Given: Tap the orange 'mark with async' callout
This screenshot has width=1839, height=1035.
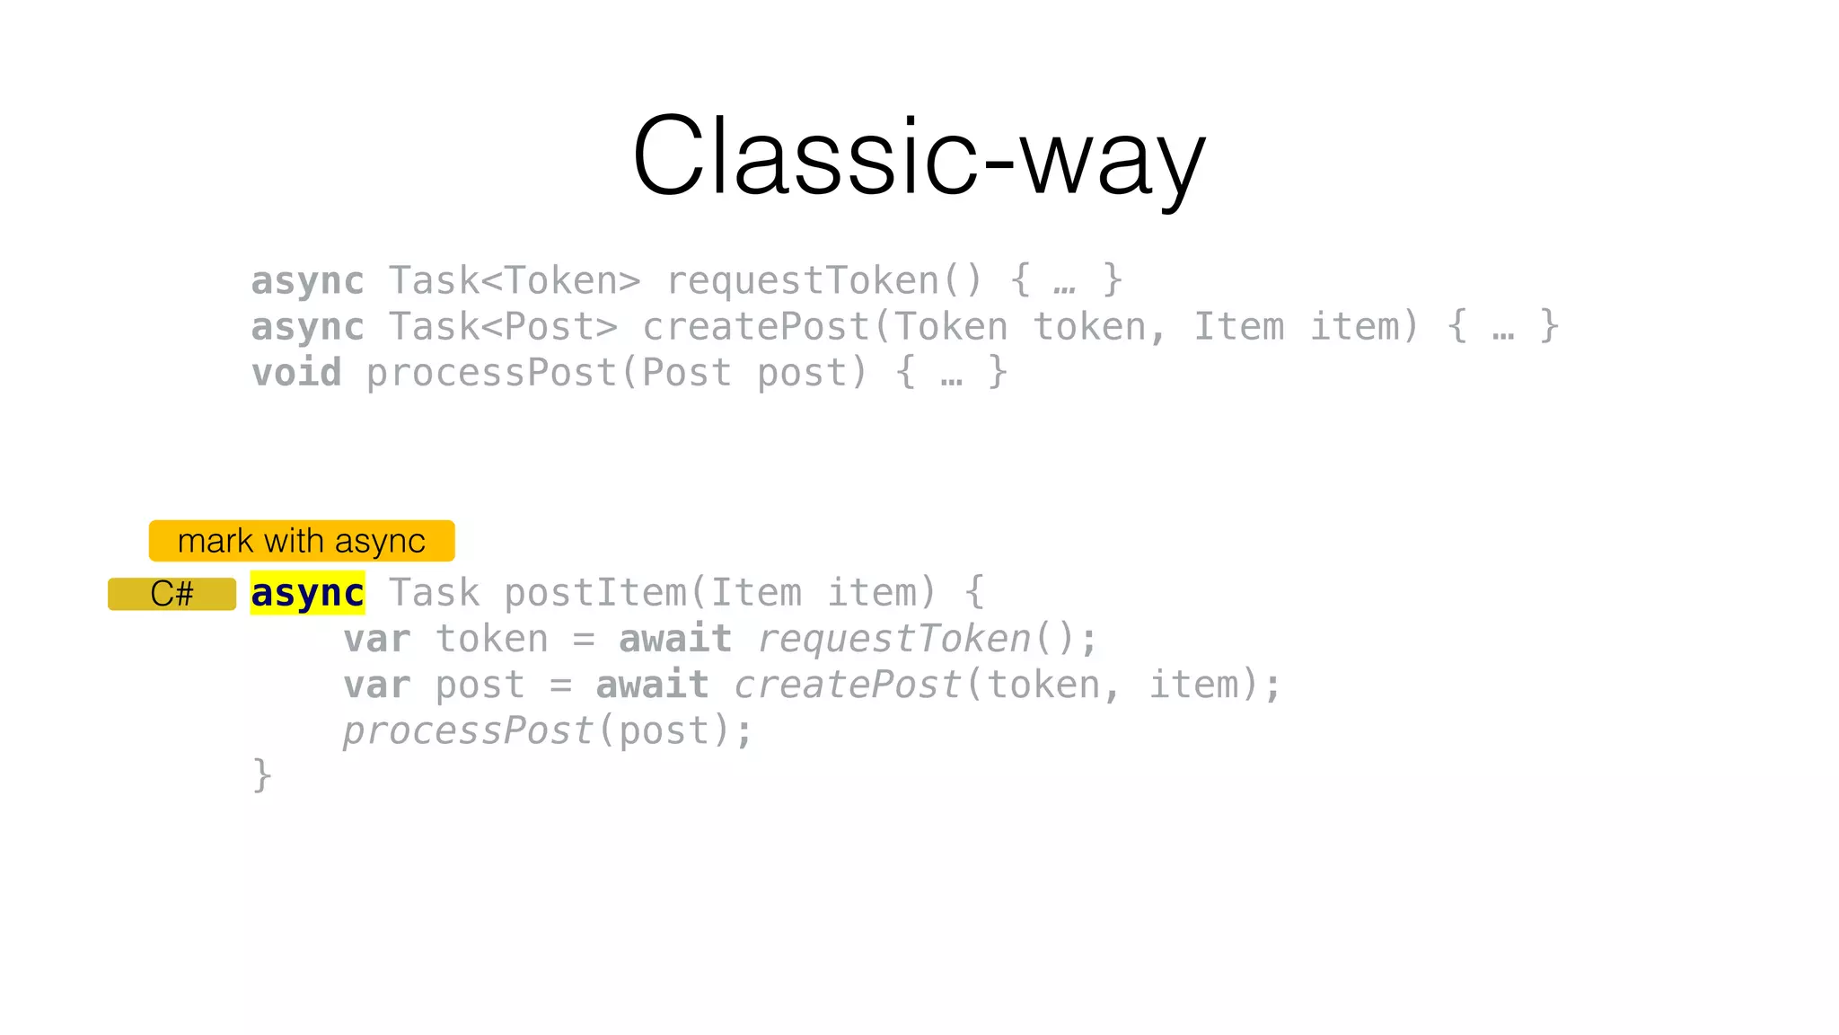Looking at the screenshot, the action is [302, 541].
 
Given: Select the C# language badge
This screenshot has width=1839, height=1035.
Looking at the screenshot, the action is [172, 594].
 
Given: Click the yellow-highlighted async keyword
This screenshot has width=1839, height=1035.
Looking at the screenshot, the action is [307, 594].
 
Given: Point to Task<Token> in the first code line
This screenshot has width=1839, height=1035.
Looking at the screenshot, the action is [515, 281].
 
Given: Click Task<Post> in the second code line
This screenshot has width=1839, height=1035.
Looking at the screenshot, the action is [503, 327].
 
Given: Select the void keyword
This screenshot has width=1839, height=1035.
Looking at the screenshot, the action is [296, 373].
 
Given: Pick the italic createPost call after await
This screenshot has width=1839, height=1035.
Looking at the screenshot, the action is [849, 686].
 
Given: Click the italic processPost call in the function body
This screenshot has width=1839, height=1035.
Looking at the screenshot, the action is [468, 731].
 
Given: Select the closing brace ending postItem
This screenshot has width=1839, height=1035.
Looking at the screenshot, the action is [261, 775].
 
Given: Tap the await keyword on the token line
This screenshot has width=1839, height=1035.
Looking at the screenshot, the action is [675, 640].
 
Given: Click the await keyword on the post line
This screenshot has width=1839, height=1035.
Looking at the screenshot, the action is [652, 686].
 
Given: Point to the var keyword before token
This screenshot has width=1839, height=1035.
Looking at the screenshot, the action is [377, 640].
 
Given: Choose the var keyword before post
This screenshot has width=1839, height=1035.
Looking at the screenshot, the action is [377, 686].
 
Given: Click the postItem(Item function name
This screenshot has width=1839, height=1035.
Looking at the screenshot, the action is [653, 594].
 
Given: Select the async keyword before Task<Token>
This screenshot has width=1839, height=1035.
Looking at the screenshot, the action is [307, 281].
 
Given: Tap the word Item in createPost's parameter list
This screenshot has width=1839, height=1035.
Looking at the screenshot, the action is [1238, 327].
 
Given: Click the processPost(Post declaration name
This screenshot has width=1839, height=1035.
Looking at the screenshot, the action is [549, 373].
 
